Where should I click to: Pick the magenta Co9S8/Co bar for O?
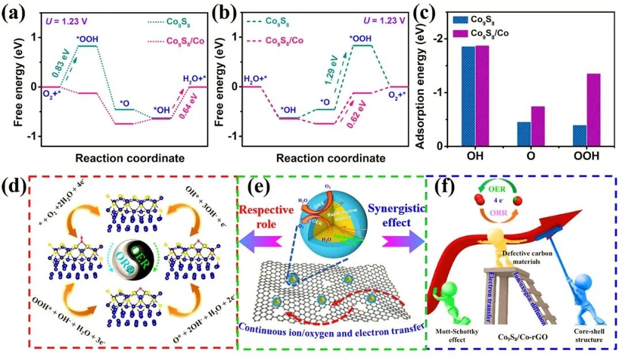click(x=537, y=126)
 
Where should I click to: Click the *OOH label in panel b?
click(x=361, y=39)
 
